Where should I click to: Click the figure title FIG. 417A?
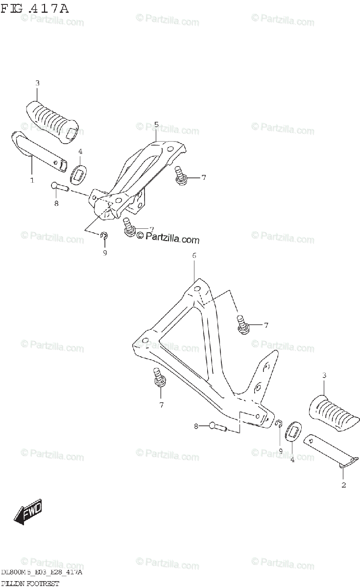coord(35,8)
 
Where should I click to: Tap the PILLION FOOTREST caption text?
coord(30,584)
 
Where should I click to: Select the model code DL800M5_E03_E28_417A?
coord(42,572)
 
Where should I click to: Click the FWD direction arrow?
coord(28,512)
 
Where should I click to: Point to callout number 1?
coord(32,180)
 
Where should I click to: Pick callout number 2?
coord(343,485)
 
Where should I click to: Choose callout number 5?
coord(156,124)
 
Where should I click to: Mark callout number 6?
coord(194,256)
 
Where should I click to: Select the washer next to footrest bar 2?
coord(292,432)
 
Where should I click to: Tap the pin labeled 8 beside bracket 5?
coord(59,186)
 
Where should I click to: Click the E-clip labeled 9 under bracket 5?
coord(104,237)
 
